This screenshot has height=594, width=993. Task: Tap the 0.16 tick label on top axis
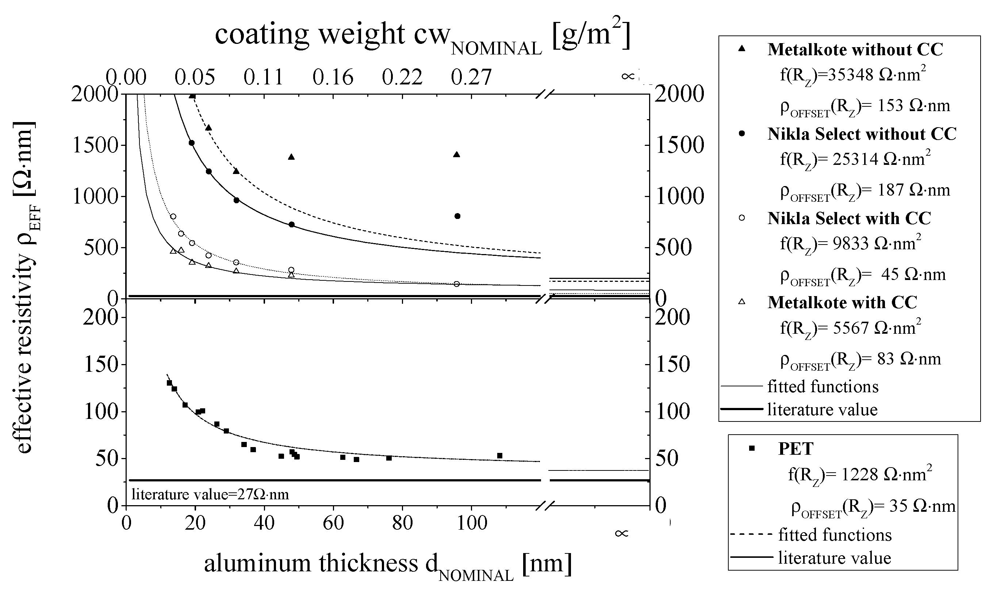[x=333, y=77]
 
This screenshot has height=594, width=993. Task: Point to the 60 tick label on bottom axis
[x=333, y=523]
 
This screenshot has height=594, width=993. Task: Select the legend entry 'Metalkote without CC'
[x=855, y=50]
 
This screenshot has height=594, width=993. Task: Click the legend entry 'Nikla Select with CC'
[x=849, y=219]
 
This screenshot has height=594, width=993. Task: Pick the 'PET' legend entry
[x=795, y=449]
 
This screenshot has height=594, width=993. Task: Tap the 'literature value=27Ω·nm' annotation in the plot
[x=210, y=495]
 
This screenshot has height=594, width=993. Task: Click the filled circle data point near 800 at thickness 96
[x=458, y=216]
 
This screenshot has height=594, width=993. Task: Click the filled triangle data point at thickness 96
[x=457, y=155]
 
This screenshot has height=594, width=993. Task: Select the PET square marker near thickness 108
[x=500, y=455]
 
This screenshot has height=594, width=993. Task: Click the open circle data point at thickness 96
[x=457, y=284]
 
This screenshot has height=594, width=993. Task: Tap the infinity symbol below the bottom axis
[x=622, y=533]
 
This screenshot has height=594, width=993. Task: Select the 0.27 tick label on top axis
[x=471, y=77]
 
